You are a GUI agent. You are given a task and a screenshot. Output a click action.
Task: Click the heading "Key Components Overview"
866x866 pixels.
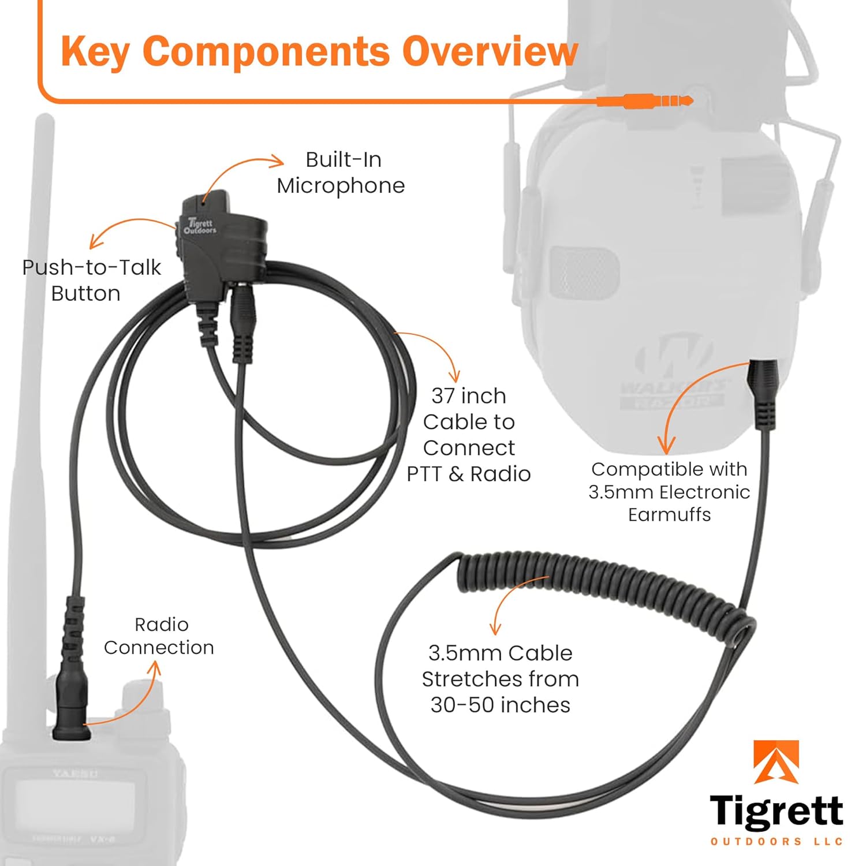coord(319,52)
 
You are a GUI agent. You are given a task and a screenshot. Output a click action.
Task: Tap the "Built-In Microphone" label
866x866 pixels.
coord(342,173)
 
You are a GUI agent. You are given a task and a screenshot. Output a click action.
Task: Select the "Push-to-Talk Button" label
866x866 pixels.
coord(91,280)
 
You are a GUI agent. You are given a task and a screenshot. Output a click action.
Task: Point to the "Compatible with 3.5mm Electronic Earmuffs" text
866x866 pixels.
coord(669,491)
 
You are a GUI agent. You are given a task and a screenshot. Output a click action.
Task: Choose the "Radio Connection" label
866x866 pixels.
coord(159,636)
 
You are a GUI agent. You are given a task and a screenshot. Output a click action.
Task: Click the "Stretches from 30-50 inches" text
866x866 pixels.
coord(500,679)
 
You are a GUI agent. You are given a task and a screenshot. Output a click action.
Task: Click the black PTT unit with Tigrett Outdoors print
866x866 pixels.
coord(219,242)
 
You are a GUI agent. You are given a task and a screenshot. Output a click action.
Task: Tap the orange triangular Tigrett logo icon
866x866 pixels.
coord(777,762)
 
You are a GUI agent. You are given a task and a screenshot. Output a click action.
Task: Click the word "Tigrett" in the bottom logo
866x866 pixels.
coord(776,811)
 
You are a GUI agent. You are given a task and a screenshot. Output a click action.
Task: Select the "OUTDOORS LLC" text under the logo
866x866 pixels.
coord(776,841)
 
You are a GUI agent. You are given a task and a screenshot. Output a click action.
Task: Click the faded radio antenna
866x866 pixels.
coord(40,346)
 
